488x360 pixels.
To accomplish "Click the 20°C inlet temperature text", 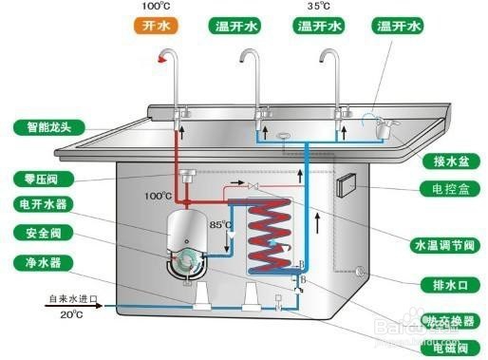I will tap(72, 314).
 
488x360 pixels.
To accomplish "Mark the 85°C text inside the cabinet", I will tap(220, 226).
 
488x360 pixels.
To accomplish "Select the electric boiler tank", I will tap(189, 238).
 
